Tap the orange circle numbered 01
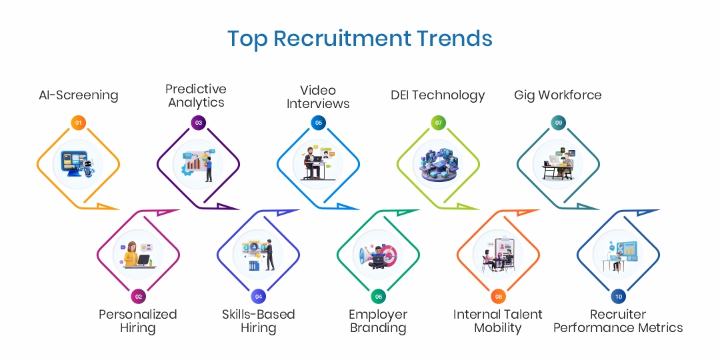tap(79, 123)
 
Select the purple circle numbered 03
tap(199, 123)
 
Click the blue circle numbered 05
tap(318, 123)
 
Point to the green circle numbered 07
tap(439, 123)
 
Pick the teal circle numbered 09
tap(559, 123)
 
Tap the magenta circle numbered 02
tap(138, 297)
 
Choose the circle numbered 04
tap(259, 297)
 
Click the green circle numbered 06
tap(379, 297)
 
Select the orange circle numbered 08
tap(498, 297)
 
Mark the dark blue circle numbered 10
tap(619, 297)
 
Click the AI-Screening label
tap(79, 95)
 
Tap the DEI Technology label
tap(437, 95)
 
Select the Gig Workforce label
tap(557, 95)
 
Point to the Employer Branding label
tap(378, 321)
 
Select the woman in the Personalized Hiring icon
tap(131, 254)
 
